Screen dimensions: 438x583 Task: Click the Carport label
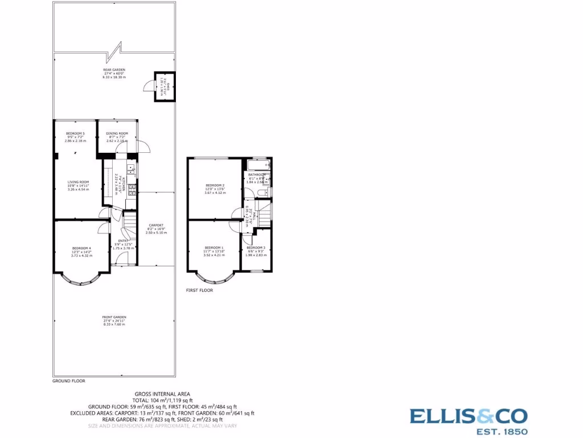(156, 225)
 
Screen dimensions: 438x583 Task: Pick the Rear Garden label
(114, 70)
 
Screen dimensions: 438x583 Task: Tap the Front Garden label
(114, 317)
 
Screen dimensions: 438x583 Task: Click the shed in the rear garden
(164, 87)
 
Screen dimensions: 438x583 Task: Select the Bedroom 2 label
(215, 185)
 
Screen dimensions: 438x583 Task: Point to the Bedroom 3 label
(256, 248)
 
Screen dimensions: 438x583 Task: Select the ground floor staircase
(130, 220)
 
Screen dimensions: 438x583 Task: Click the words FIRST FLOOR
(199, 290)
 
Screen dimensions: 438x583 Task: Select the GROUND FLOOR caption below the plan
(69, 380)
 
